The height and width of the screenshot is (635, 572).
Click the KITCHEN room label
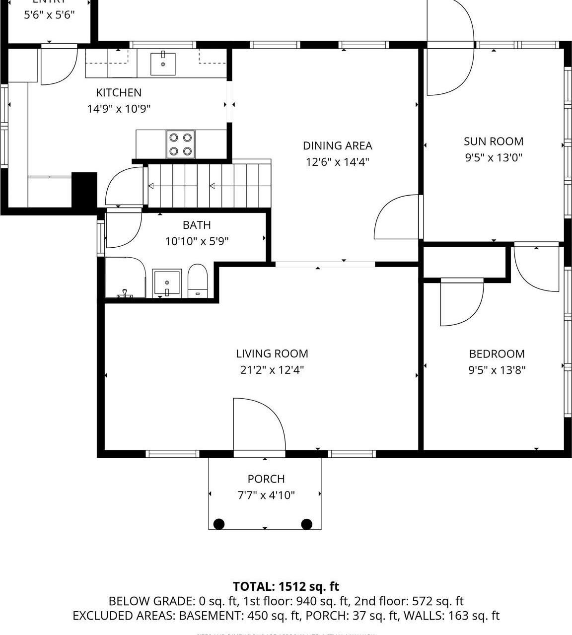tap(119, 92)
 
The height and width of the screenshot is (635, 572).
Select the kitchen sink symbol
tap(163, 63)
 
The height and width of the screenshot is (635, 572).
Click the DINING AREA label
tap(337, 145)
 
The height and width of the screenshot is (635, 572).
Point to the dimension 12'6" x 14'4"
tap(337, 162)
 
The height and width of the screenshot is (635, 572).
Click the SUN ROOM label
tap(493, 141)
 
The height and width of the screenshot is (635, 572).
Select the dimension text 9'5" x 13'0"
tap(493, 158)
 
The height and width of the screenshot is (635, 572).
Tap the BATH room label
tap(197, 225)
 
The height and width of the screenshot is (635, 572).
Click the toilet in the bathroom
tap(197, 282)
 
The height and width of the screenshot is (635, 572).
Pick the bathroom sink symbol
tap(167, 283)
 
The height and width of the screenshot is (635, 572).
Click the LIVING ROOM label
tap(272, 353)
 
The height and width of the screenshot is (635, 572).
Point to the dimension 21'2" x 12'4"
tap(272, 370)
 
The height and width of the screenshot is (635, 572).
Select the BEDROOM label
tap(497, 354)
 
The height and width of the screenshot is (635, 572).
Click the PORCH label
tap(266, 479)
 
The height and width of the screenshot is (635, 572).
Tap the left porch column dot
tap(219, 524)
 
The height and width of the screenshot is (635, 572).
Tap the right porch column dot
tap(307, 524)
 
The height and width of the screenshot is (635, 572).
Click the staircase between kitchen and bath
tap(209, 186)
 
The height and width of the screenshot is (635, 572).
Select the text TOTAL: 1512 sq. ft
tap(286, 586)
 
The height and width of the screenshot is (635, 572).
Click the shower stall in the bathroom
tap(124, 278)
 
